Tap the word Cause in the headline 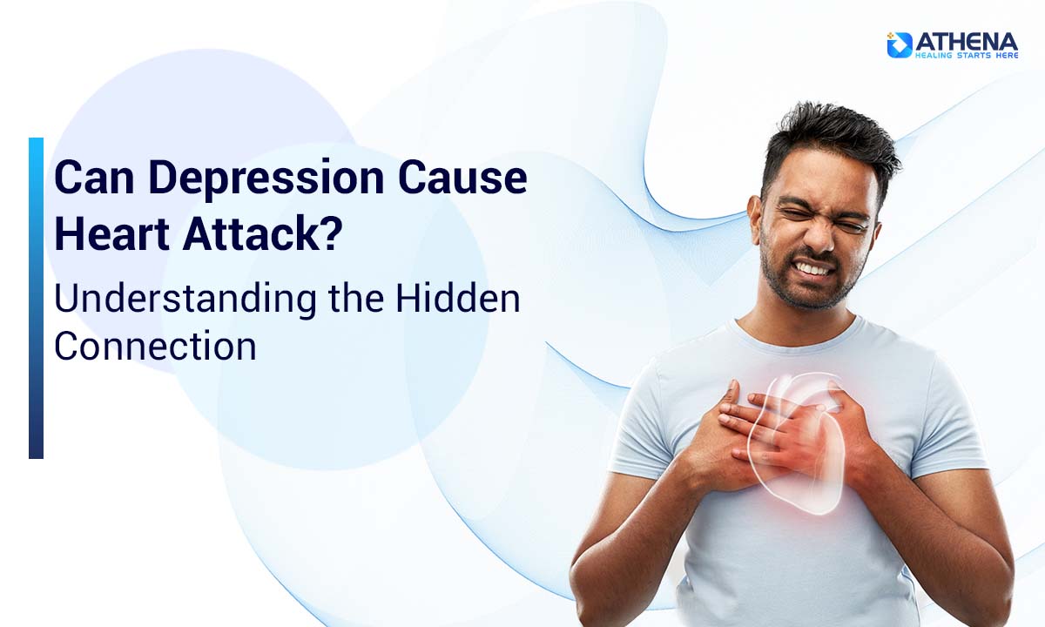[x=463, y=178]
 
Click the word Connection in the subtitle [x=155, y=346]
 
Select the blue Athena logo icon [x=900, y=44]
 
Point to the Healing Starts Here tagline [x=966, y=55]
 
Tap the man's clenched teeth [x=813, y=270]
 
